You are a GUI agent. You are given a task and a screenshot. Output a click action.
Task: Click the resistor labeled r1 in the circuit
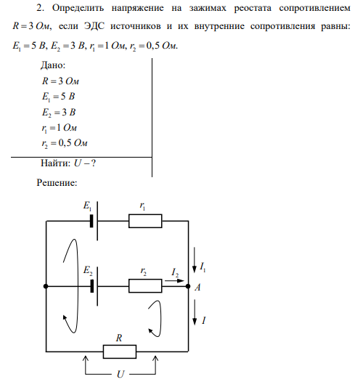tap(145, 221)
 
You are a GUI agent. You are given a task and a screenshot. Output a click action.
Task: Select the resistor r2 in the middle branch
tap(145, 285)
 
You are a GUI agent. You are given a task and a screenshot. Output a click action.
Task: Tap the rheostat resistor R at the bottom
tap(120, 351)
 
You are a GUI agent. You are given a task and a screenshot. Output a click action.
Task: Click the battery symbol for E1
tap(94, 221)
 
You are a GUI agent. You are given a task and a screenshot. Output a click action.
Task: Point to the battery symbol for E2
tap(94, 286)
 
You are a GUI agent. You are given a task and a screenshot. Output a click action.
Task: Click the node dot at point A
tap(188, 286)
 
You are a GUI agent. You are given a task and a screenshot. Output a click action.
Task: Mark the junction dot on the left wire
tap(46, 286)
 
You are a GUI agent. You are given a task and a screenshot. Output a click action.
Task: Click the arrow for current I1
tap(195, 260)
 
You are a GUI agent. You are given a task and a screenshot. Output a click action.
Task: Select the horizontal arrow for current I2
tap(174, 280)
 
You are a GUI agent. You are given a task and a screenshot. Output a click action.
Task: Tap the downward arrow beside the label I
tap(195, 312)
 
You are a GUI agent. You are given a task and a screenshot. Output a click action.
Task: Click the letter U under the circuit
tap(120, 374)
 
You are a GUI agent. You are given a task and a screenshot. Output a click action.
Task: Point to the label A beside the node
tap(197, 288)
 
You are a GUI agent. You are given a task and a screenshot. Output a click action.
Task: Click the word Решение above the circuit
tap(57, 183)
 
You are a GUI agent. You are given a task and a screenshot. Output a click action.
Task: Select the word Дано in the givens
tap(53, 65)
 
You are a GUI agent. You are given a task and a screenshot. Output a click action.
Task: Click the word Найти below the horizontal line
tap(55, 163)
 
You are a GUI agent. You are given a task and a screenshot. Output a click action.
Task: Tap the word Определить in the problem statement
tap(78, 9)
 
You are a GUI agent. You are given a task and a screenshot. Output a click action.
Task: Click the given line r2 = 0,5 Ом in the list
tap(65, 143)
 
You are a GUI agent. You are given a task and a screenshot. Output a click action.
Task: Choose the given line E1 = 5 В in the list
tap(58, 97)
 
